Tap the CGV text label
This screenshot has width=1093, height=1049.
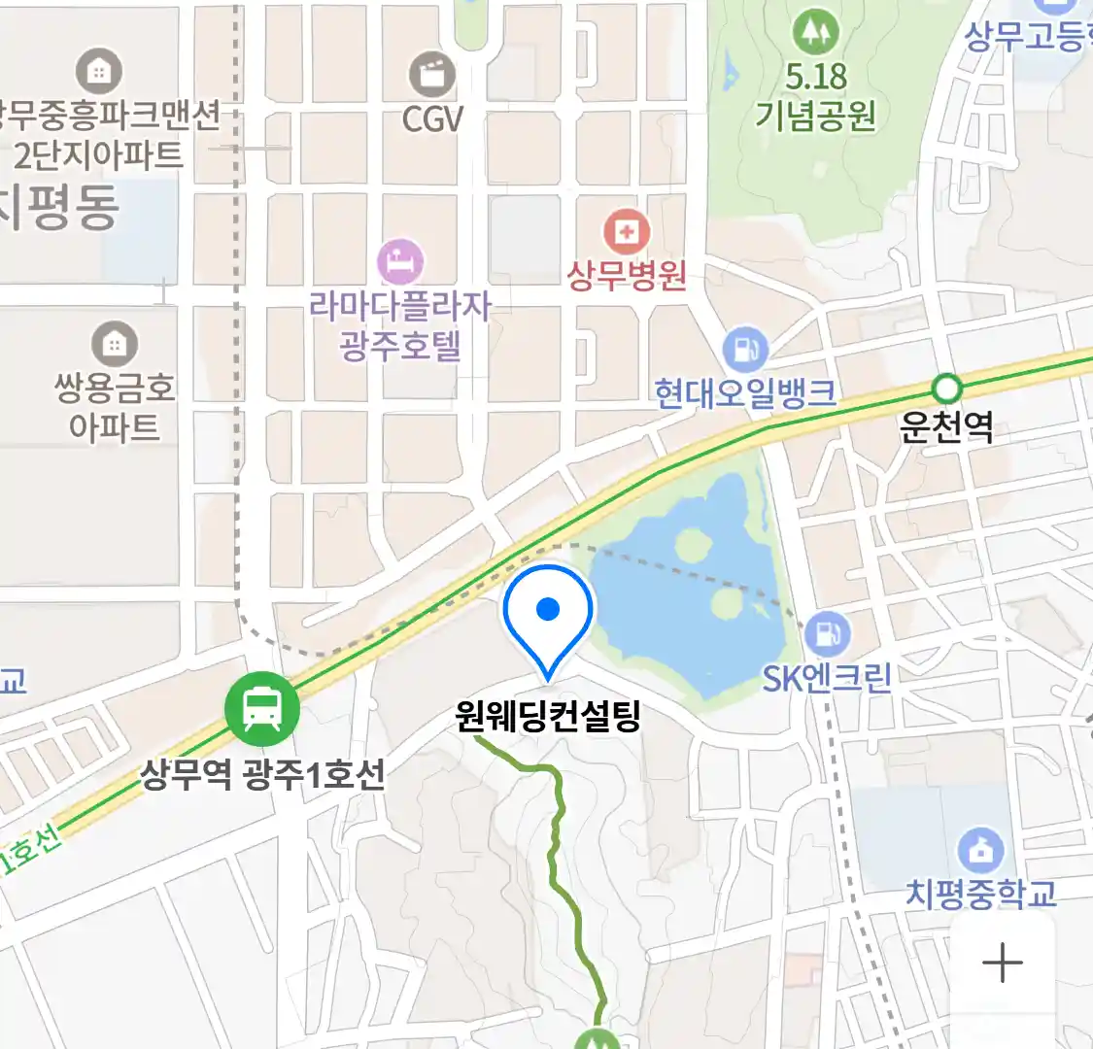[432, 119]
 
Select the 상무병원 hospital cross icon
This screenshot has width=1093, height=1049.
[627, 233]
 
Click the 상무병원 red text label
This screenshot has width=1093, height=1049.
[627, 276]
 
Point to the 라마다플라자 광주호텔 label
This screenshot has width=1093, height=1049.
[400, 326]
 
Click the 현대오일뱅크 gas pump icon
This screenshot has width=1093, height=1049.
[745, 349]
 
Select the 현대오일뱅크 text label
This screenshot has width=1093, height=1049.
[745, 393]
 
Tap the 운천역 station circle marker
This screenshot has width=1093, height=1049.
[946, 389]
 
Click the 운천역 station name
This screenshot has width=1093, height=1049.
[946, 427]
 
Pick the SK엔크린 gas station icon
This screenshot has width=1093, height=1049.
[827, 634]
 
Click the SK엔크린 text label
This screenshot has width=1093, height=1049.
[827, 678]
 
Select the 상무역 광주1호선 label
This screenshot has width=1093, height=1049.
[263, 774]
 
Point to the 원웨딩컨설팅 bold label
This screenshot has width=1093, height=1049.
[548, 717]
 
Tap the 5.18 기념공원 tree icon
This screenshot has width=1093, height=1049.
[815, 32]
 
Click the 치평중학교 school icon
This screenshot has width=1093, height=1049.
[980, 851]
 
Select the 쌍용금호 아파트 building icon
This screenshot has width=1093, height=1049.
[115, 344]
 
